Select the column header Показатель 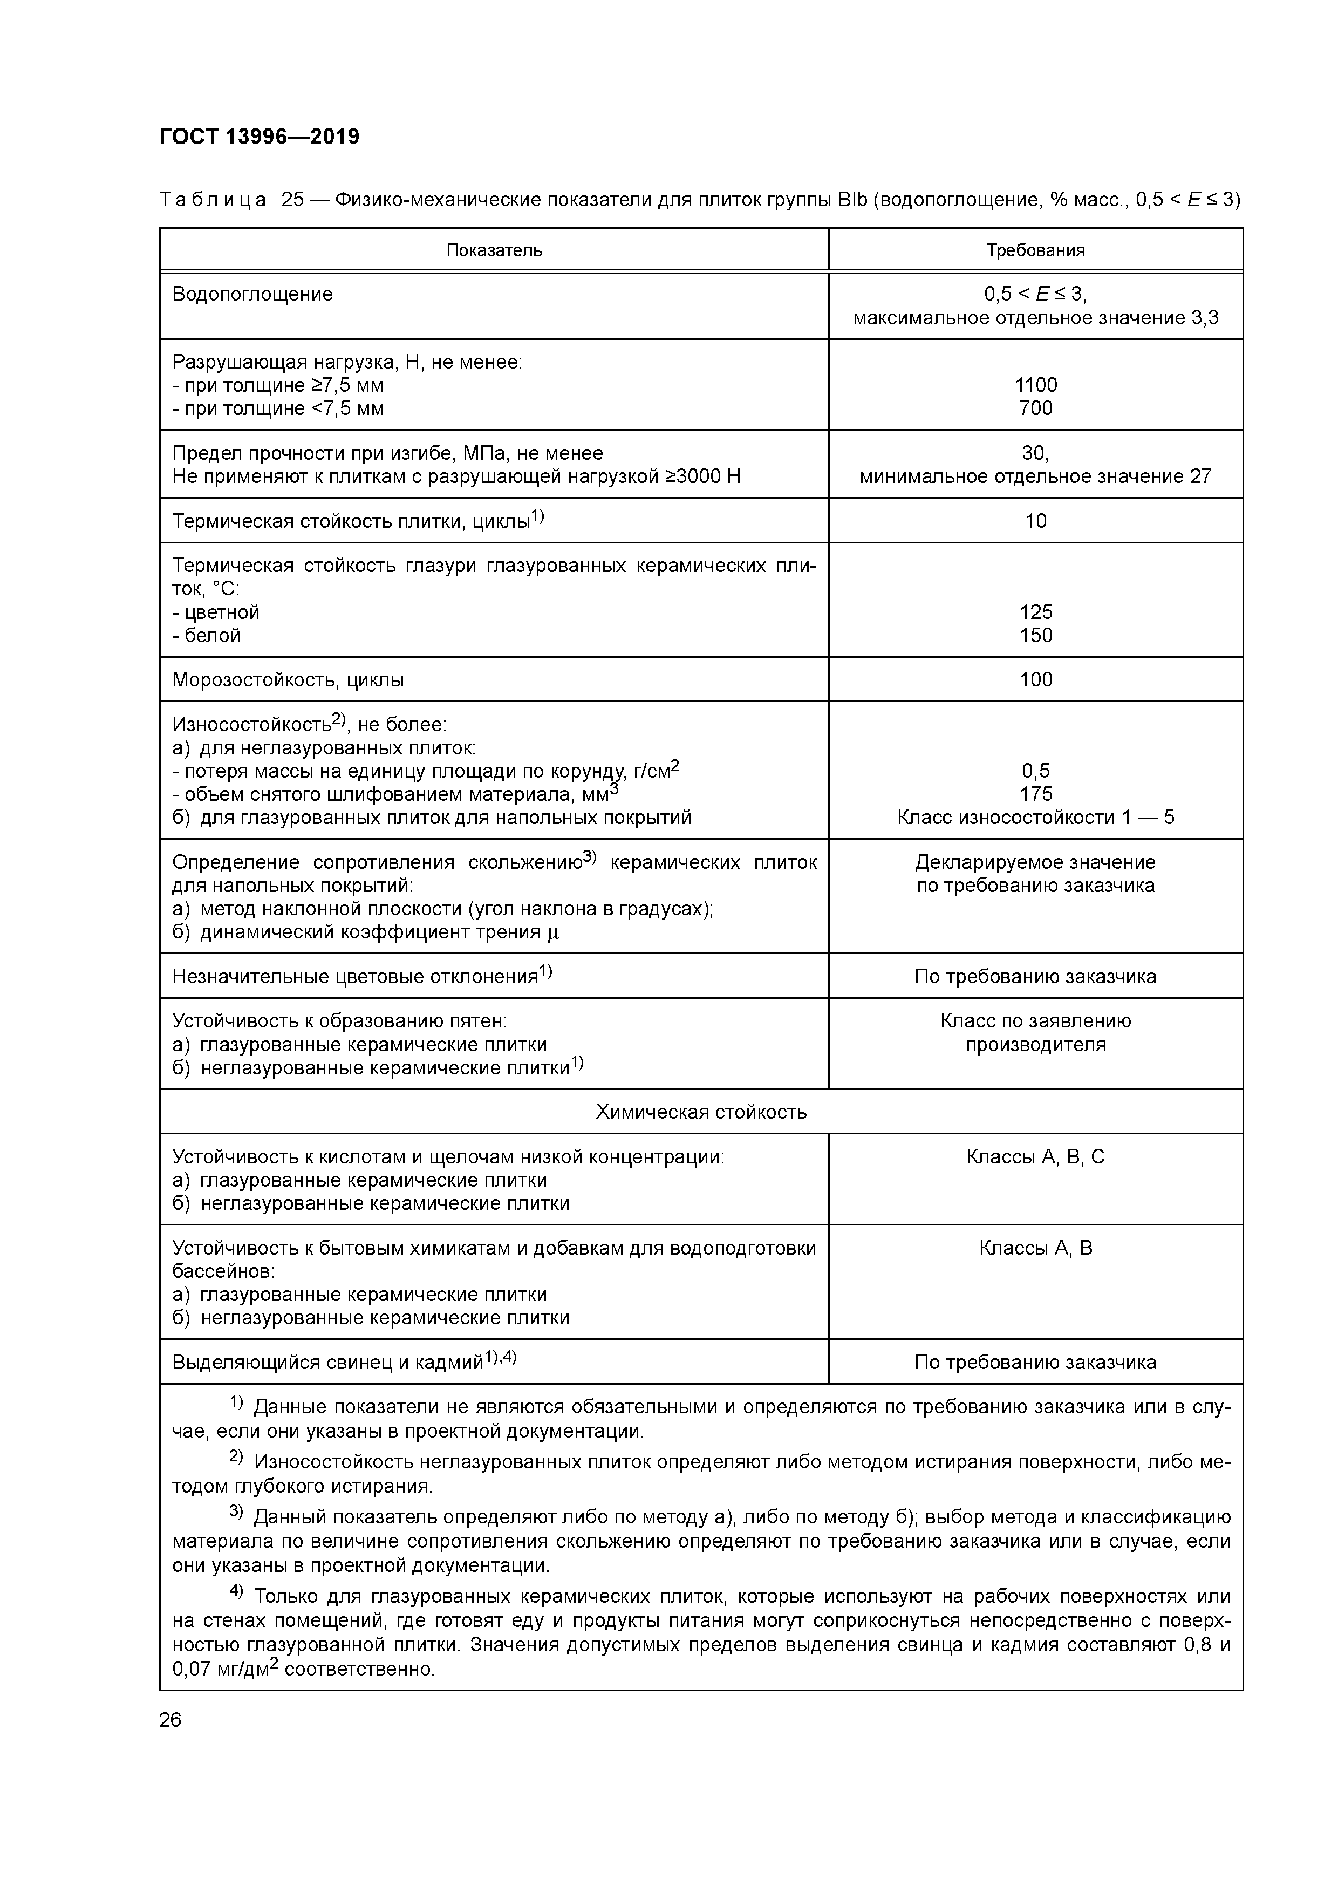click(x=494, y=250)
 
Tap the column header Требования click(x=1035, y=250)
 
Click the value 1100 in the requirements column click(x=1035, y=385)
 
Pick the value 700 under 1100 click(x=1035, y=408)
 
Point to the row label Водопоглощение click(x=252, y=294)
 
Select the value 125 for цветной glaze click(x=1035, y=612)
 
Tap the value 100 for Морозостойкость click(x=1035, y=680)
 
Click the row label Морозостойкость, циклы click(x=288, y=680)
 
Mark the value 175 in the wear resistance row click(x=1035, y=794)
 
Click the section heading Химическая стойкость click(x=701, y=1112)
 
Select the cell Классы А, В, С click(x=1035, y=1157)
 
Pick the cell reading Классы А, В click(x=1035, y=1248)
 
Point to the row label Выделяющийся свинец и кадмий click(x=327, y=1363)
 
